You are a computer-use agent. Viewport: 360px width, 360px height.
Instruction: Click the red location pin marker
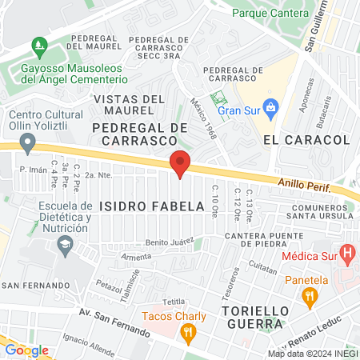pyautogui.click(x=180, y=163)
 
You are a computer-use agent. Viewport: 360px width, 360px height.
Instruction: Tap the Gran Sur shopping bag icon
pyautogui.click(x=271, y=106)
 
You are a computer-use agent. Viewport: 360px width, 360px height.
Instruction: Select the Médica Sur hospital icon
pyautogui.click(x=346, y=256)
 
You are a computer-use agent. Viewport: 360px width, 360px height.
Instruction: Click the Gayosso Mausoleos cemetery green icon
pyautogui.click(x=37, y=46)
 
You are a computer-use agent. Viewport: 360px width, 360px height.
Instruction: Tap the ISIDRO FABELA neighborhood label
pyautogui.click(x=151, y=206)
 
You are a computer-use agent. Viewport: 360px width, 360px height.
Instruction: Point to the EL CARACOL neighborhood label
pyautogui.click(x=306, y=139)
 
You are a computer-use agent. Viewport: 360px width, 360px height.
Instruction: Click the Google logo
pyautogui.click(x=26, y=350)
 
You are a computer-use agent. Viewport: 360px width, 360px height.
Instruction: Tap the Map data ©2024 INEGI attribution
pyautogui.click(x=313, y=354)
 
